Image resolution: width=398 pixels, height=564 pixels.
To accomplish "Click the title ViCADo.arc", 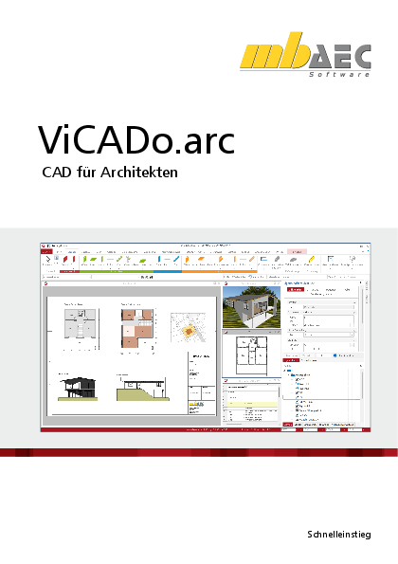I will [136, 138].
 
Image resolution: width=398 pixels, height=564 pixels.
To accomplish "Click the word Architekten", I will [143, 174].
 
